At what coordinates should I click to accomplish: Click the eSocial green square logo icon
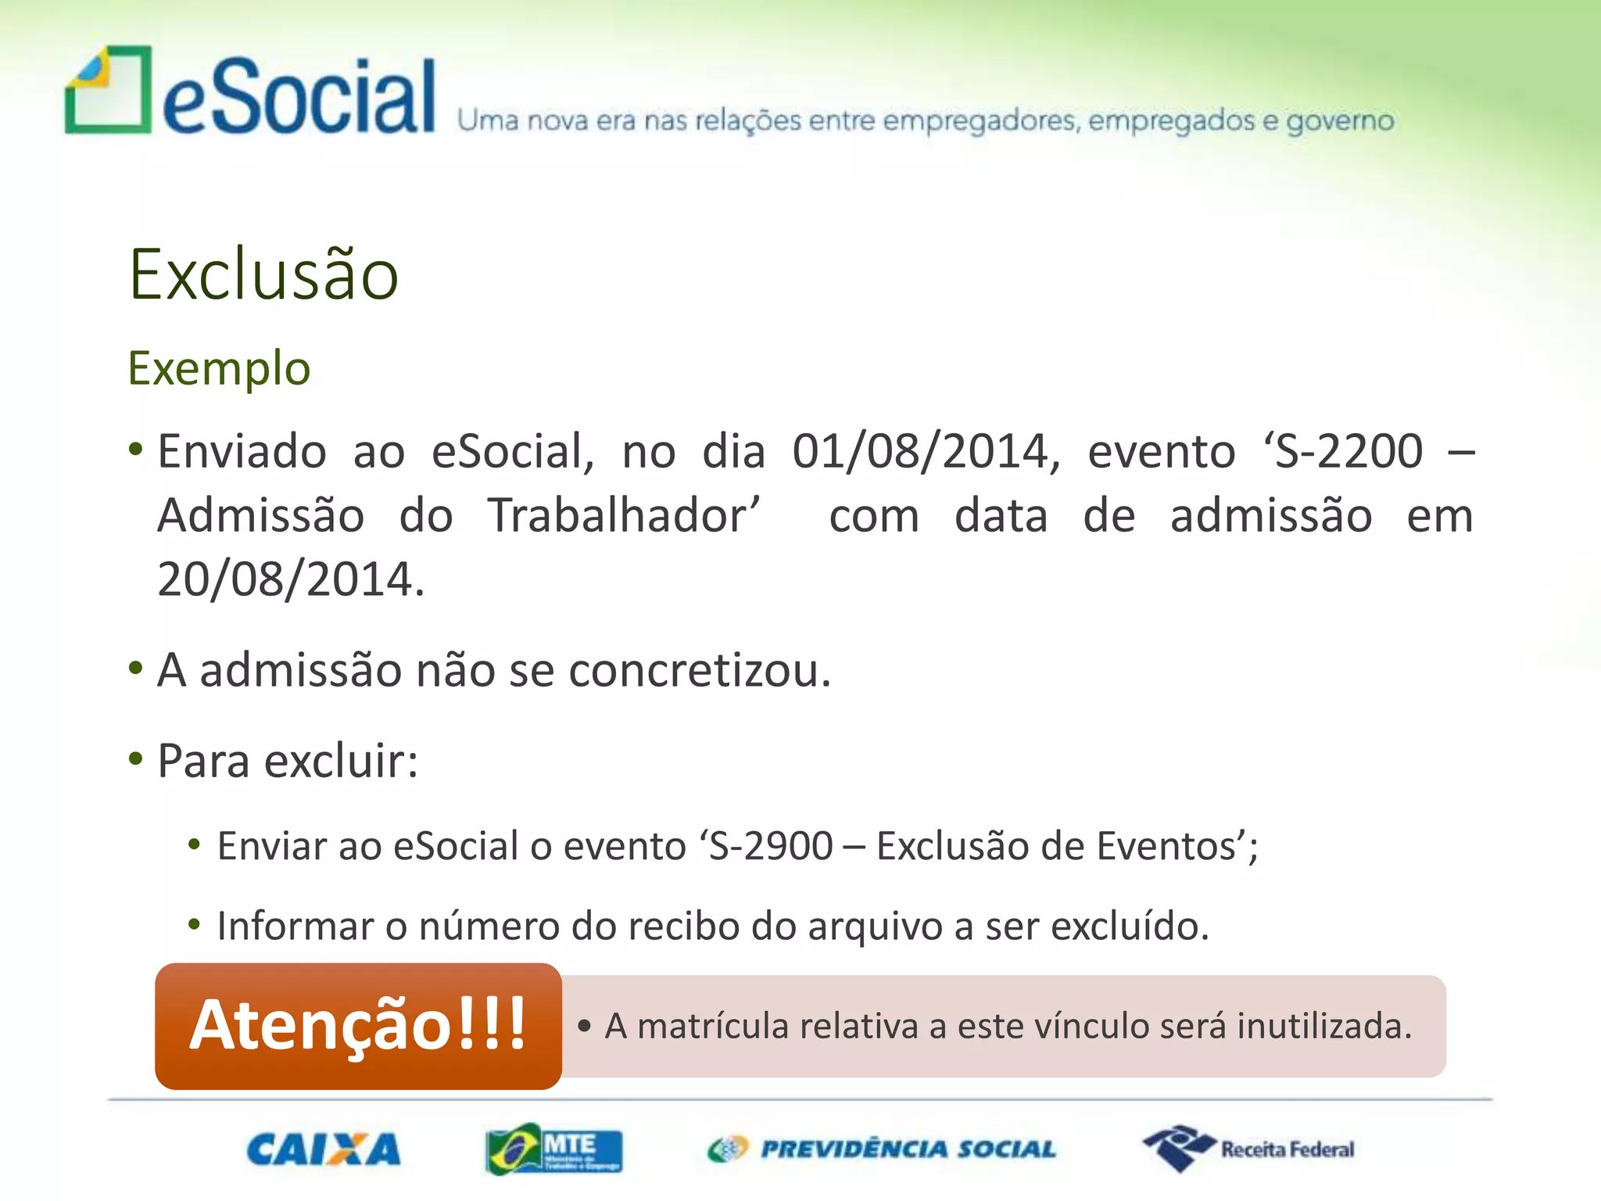(x=108, y=90)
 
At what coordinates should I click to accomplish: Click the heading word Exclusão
(x=263, y=274)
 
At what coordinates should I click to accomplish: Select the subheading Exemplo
(x=219, y=368)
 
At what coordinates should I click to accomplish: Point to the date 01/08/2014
(x=926, y=452)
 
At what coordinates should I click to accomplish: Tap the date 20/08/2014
(x=290, y=579)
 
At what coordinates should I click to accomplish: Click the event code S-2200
(x=1349, y=452)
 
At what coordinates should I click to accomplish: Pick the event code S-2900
(x=771, y=846)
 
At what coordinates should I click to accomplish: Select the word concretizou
(x=699, y=671)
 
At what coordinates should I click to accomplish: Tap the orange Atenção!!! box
(x=358, y=1026)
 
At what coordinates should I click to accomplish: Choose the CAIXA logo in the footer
(x=324, y=1149)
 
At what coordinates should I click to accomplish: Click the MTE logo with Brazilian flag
(x=553, y=1149)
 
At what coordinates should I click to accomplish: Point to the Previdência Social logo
(x=882, y=1149)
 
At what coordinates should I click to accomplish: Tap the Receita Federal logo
(x=1248, y=1149)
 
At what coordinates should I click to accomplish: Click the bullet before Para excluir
(x=136, y=758)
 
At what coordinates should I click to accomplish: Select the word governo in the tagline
(x=1340, y=122)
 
